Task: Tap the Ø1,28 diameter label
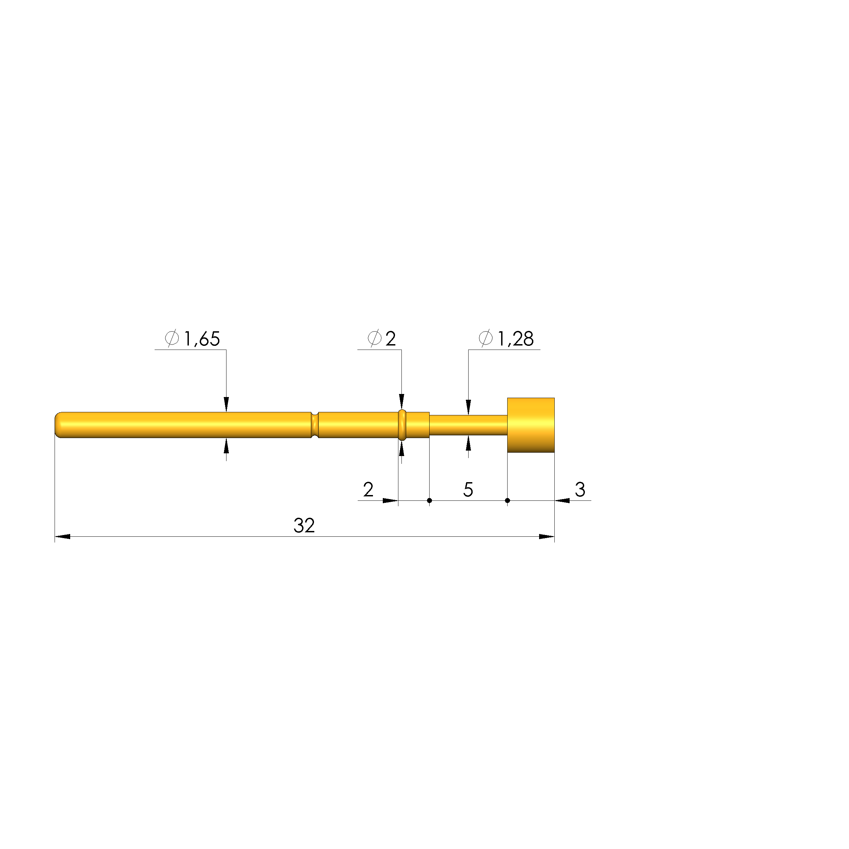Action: tap(506, 338)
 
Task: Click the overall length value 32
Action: tap(304, 526)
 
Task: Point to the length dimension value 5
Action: tap(468, 490)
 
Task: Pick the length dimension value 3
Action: tap(580, 490)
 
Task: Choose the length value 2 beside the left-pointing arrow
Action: tap(368, 490)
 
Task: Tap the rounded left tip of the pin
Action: tap(58, 425)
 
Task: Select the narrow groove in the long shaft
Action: tap(315, 425)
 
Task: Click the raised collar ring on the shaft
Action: tap(402, 425)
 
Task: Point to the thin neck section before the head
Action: tap(468, 425)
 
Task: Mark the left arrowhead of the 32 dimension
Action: tap(62, 536)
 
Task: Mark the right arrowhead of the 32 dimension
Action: tap(547, 536)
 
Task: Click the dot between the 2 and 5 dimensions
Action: tap(429, 500)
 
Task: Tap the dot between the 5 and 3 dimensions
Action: tap(508, 500)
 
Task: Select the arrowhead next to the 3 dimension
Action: tap(562, 500)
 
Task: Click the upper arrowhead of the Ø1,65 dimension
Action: tap(226, 404)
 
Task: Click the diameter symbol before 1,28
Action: tap(486, 338)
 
